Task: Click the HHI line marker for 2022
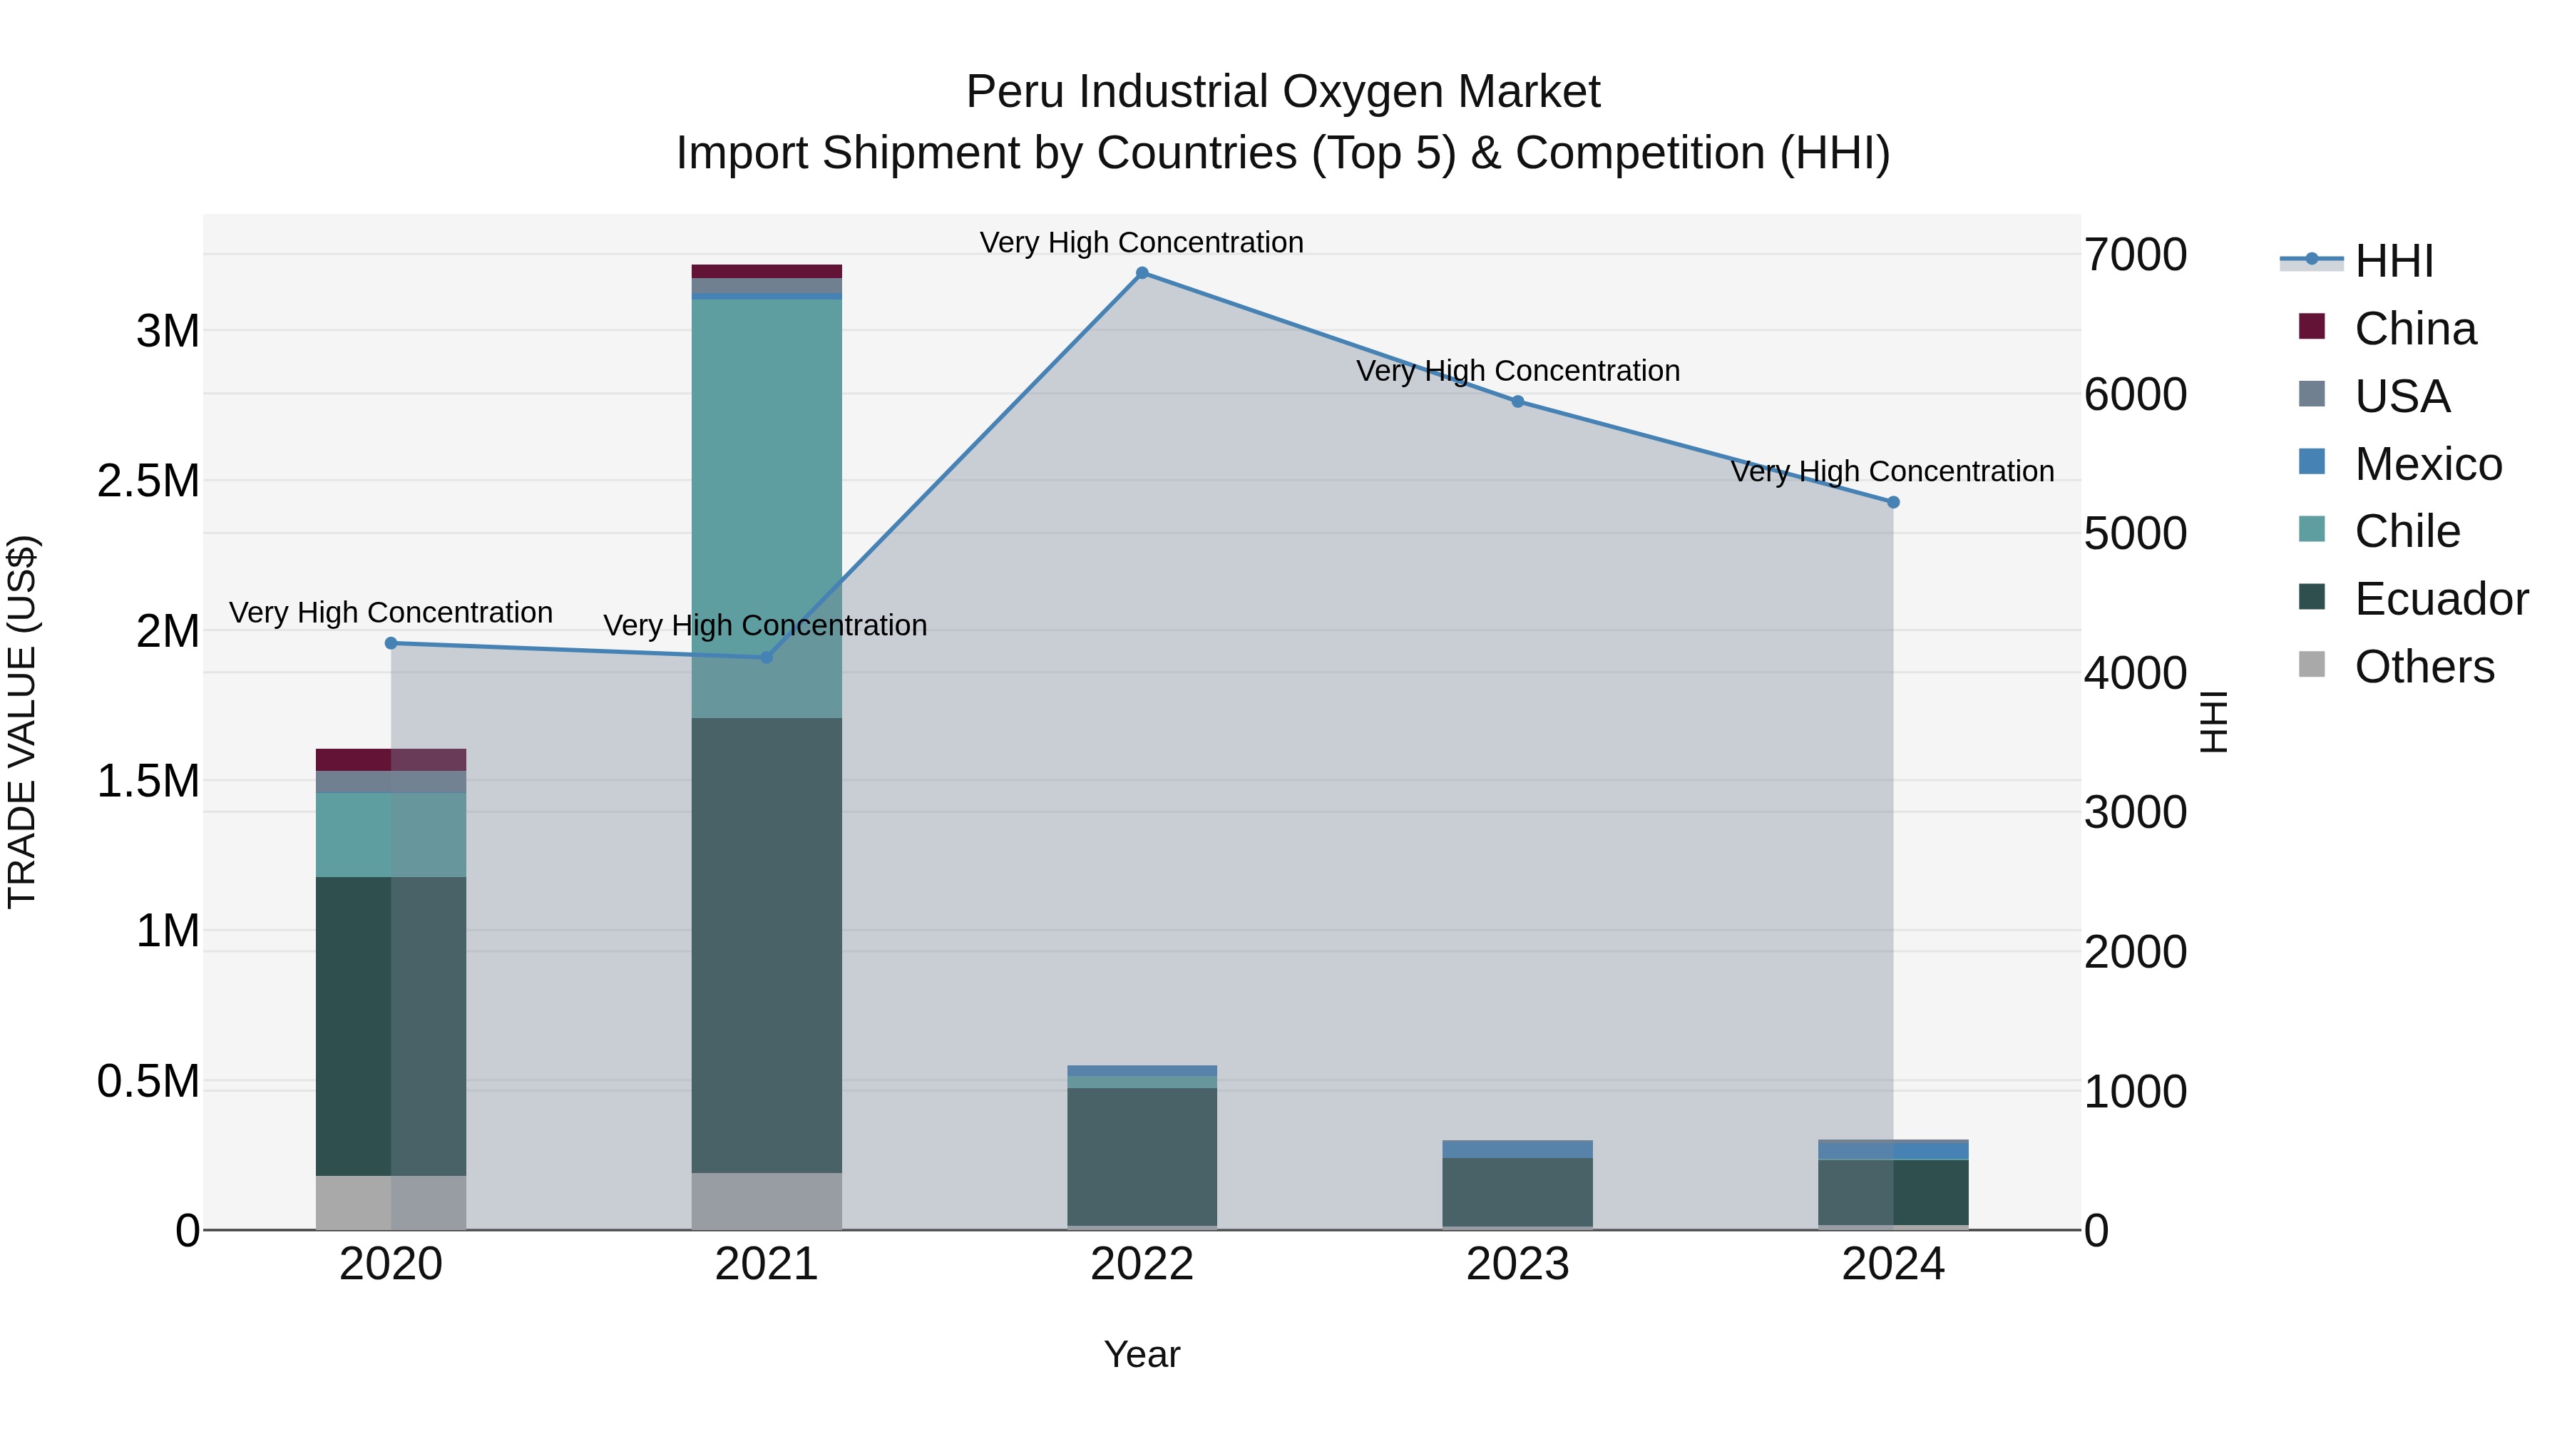point(1142,273)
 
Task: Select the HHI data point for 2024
point(1893,502)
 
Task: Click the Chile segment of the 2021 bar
point(767,498)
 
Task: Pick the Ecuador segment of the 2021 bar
point(767,947)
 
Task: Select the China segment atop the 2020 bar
point(391,759)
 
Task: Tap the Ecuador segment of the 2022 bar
point(1142,1156)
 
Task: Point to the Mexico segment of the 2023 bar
point(1517,1149)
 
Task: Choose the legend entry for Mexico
point(2427,464)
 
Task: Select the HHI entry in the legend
point(2394,261)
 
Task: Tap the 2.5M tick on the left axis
point(148,481)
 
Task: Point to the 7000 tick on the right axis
point(2136,255)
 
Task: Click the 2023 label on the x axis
point(1517,1264)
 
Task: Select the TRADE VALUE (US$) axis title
point(22,722)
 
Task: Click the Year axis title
point(1142,1354)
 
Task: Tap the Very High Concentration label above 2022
point(1142,242)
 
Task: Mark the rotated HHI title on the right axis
point(2212,722)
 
